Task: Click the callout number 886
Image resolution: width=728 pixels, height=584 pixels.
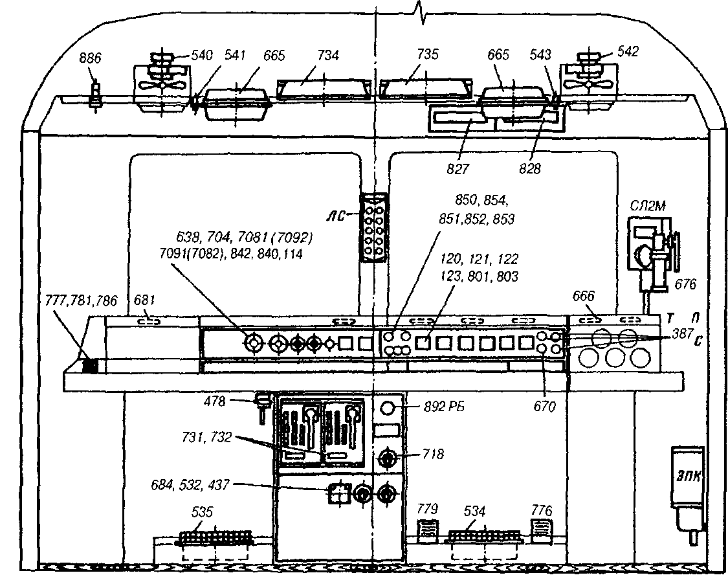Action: click(90, 58)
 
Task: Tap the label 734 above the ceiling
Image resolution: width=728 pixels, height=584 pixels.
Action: click(328, 56)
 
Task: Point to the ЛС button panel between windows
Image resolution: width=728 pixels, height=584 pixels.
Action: click(373, 227)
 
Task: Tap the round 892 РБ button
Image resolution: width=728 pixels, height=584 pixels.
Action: click(388, 408)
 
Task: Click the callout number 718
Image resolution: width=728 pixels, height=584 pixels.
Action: click(433, 454)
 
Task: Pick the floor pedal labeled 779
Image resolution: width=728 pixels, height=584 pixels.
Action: click(428, 532)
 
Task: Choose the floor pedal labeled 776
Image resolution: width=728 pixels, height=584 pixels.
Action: click(540, 532)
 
